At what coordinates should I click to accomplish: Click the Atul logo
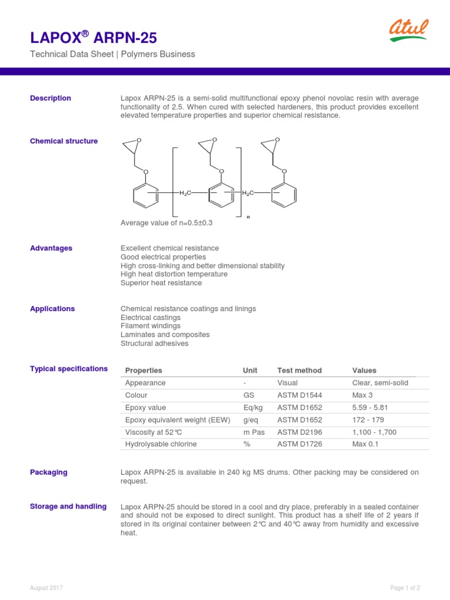[x=408, y=30]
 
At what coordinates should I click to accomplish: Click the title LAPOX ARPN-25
[x=94, y=38]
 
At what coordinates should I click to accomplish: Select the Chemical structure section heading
[x=64, y=141]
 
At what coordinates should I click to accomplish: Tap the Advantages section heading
[x=51, y=248]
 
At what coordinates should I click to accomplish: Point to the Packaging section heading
[x=49, y=472]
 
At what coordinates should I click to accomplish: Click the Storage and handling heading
[x=68, y=506]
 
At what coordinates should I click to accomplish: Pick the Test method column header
[x=299, y=370]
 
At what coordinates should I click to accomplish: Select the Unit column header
[x=250, y=370]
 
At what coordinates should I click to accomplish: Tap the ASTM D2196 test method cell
[x=299, y=432]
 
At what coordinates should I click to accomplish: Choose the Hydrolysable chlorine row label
[x=161, y=444]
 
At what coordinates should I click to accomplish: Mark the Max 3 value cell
[x=363, y=395]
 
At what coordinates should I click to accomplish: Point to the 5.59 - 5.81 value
[x=370, y=407]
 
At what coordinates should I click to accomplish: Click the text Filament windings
[x=151, y=326]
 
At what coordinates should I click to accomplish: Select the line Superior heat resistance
[x=161, y=283]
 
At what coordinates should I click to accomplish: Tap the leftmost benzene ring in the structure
[x=145, y=195]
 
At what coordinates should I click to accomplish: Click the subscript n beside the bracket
[x=248, y=217]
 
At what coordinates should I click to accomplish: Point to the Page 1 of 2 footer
[x=405, y=588]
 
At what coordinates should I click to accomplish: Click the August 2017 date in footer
[x=46, y=588]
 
